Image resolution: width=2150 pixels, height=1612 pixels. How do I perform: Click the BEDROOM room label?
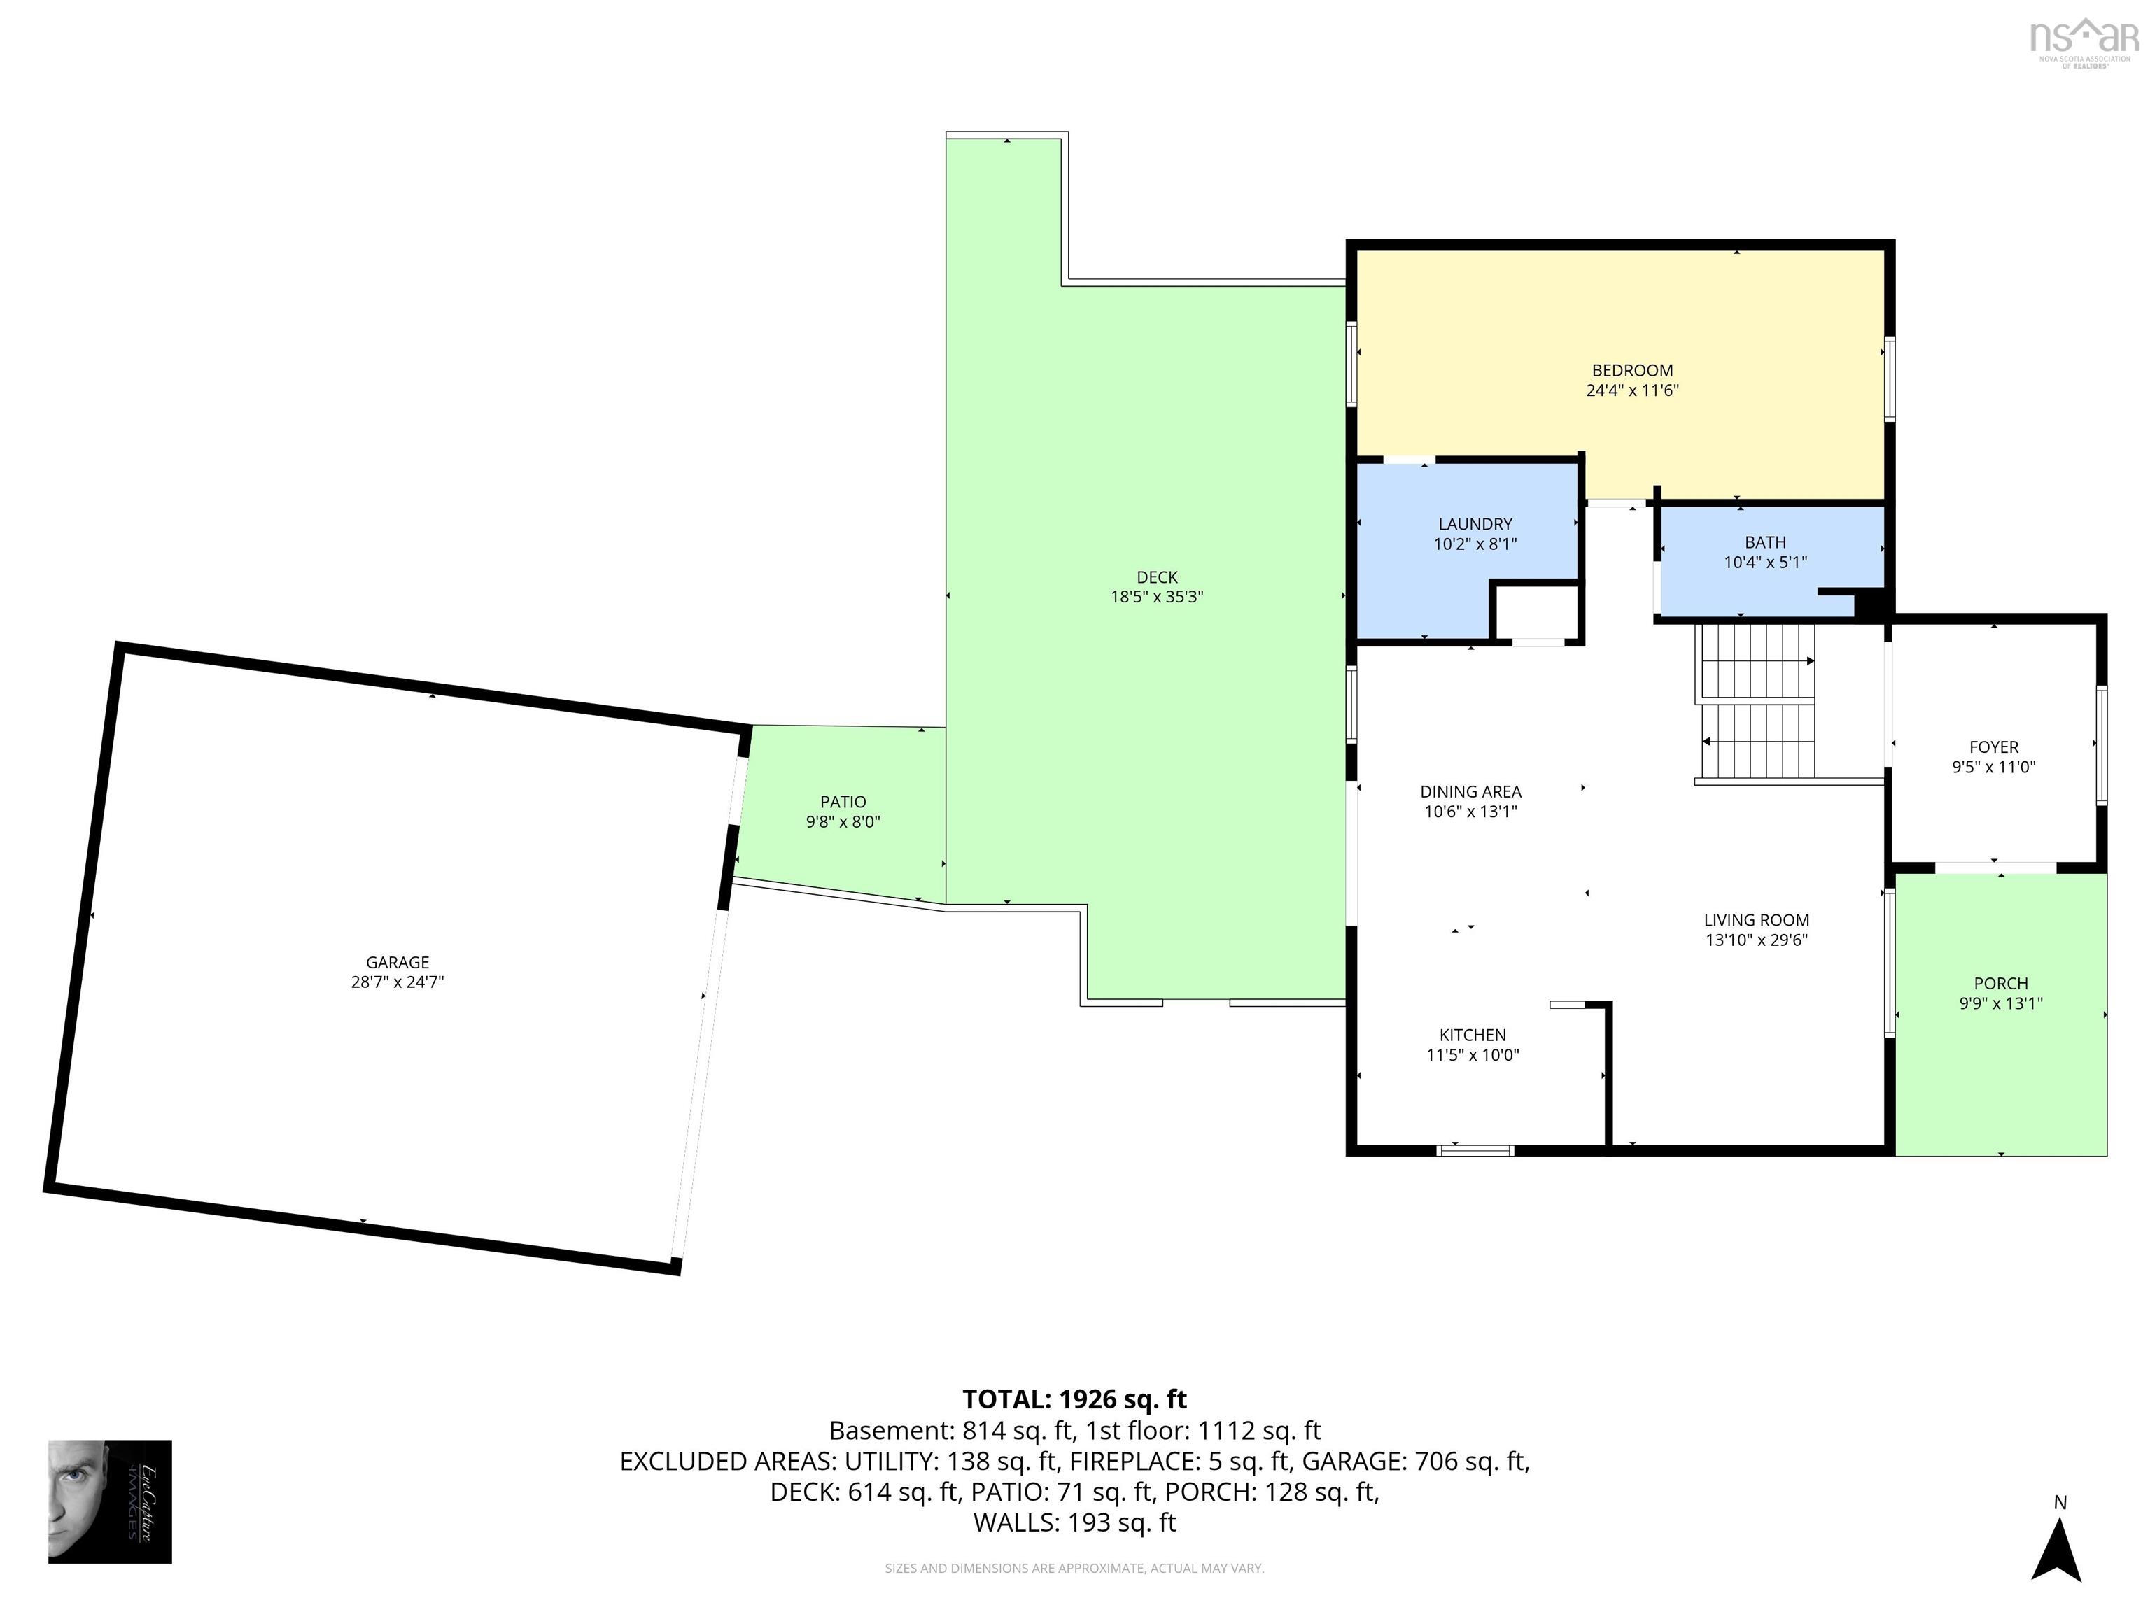click(x=1632, y=370)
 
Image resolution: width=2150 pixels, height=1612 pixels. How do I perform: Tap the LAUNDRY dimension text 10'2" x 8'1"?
click(x=1475, y=544)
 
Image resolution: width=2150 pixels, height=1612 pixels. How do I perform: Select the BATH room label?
click(x=1765, y=542)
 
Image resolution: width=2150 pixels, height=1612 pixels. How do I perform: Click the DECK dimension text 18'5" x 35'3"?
click(x=1157, y=597)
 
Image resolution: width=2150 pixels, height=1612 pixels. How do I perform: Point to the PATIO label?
click(x=843, y=802)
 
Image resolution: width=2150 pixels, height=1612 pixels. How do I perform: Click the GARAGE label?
click(x=398, y=962)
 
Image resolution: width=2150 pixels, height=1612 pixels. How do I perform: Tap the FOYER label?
click(x=1993, y=747)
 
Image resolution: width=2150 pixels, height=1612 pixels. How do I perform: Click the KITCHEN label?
click(x=1473, y=1035)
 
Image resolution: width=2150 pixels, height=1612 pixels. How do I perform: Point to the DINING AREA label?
click(x=1470, y=791)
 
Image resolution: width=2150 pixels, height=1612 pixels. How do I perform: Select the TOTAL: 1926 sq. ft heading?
click(x=1074, y=1399)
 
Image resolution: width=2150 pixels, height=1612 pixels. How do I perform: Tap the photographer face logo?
click(x=110, y=1501)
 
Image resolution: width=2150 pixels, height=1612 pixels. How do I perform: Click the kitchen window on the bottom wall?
click(x=1475, y=1150)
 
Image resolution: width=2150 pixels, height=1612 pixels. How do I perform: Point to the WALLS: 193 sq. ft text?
click(x=1074, y=1522)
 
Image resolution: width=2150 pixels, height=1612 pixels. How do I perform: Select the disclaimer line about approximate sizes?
click(x=1074, y=1569)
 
